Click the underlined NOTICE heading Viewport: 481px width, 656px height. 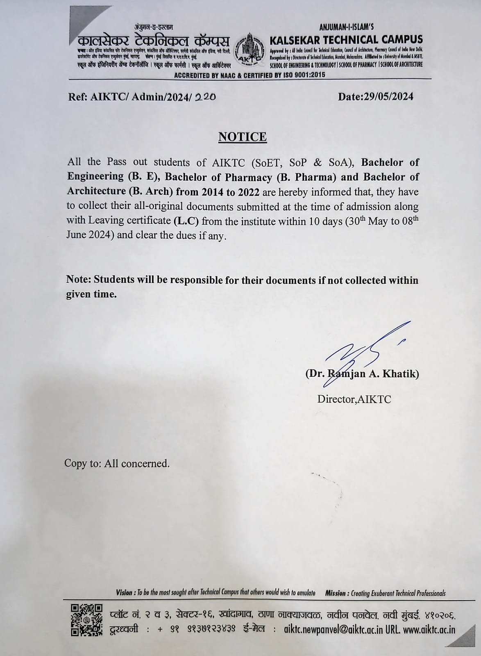coord(242,137)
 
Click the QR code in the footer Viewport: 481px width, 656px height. coord(86,620)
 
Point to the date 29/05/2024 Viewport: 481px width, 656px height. coord(388,97)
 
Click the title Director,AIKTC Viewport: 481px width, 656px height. coord(354,399)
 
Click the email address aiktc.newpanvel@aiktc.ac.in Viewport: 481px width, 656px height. coord(336,630)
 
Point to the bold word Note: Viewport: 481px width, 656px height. coord(79,280)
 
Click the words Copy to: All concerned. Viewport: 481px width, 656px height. coord(117,463)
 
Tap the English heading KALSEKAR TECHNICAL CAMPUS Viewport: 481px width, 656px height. coord(346,40)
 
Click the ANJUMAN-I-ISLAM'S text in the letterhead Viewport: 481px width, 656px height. coord(346,27)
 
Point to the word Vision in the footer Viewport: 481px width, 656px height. coord(124,593)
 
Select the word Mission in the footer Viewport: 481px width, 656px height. coord(337,593)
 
